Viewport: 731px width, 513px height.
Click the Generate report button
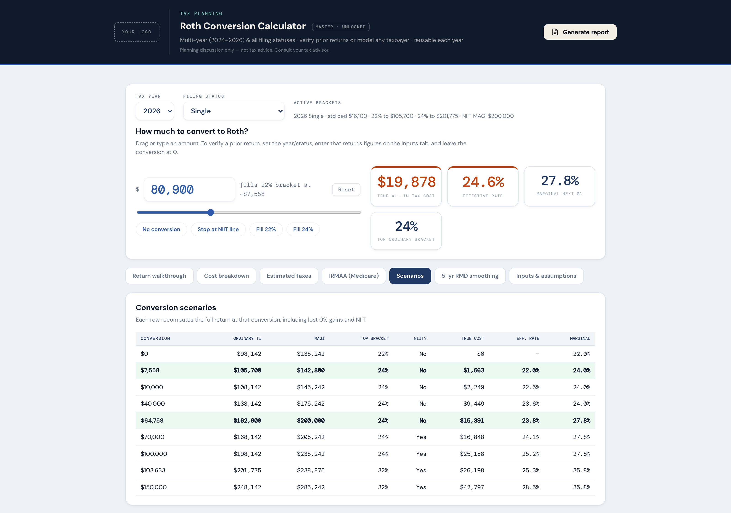(580, 32)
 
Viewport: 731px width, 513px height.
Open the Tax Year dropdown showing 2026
(155, 111)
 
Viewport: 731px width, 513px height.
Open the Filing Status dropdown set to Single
(234, 111)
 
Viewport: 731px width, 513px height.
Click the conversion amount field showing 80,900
(189, 189)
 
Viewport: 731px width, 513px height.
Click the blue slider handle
(210, 212)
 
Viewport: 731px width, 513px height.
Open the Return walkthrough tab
(159, 276)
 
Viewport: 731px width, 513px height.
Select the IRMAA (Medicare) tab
(354, 276)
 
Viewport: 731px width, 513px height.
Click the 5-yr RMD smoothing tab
(470, 276)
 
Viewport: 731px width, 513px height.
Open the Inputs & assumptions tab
(546, 276)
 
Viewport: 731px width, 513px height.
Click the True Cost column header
(472, 338)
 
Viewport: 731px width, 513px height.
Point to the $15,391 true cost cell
(472, 421)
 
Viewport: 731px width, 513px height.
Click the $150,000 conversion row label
(154, 487)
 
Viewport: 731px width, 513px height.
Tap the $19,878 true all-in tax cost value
(406, 182)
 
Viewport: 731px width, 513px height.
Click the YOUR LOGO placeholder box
(137, 32)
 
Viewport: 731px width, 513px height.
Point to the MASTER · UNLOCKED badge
(341, 27)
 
